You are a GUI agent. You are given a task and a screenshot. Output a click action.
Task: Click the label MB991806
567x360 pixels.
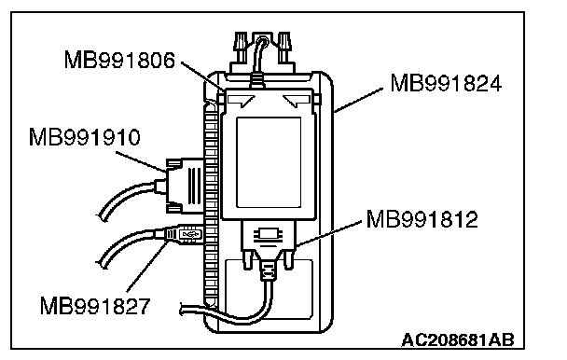pyautogui.click(x=119, y=60)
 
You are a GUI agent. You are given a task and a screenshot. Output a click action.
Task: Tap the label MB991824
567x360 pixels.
pyautogui.click(x=446, y=83)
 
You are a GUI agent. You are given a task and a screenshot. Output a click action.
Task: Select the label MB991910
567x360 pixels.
pyautogui.click(x=84, y=137)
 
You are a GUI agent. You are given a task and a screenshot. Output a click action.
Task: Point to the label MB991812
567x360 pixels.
pyautogui.click(x=422, y=219)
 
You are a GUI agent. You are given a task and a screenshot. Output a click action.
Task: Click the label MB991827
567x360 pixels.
pyautogui.click(x=95, y=306)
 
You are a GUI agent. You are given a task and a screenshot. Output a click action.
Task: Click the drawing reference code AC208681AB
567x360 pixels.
pyautogui.click(x=458, y=340)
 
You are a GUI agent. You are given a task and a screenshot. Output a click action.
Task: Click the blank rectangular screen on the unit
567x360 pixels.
pyautogui.click(x=269, y=162)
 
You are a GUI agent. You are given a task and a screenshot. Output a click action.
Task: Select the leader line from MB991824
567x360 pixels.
pyautogui.click(x=357, y=100)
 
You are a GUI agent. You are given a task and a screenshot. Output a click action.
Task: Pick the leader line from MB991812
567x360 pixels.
pyautogui.click(x=328, y=234)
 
